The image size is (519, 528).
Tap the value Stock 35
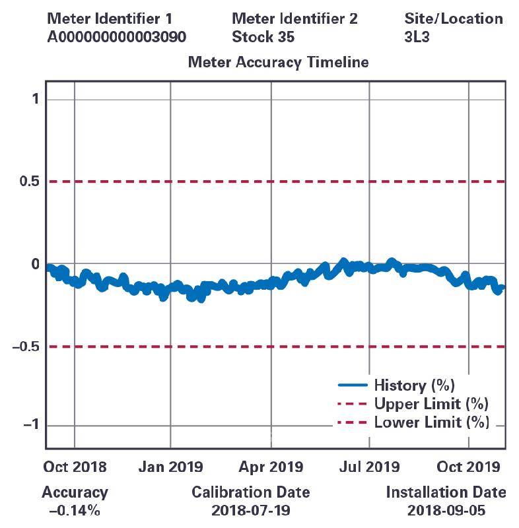tap(263, 37)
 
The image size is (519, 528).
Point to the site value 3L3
tap(417, 37)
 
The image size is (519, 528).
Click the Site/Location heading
tap(453, 18)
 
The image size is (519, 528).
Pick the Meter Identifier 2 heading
tap(294, 18)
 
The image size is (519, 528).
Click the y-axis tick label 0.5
tap(24, 181)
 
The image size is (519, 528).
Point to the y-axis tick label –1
tap(30, 426)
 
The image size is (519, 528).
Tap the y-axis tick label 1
tap(35, 99)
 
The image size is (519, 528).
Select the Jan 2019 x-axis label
tap(171, 467)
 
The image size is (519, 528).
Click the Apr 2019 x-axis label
tap(271, 467)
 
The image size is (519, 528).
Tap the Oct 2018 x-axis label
tap(74, 467)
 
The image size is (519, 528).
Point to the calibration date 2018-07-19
tap(250, 510)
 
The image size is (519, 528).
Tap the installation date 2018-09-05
tap(446, 510)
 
